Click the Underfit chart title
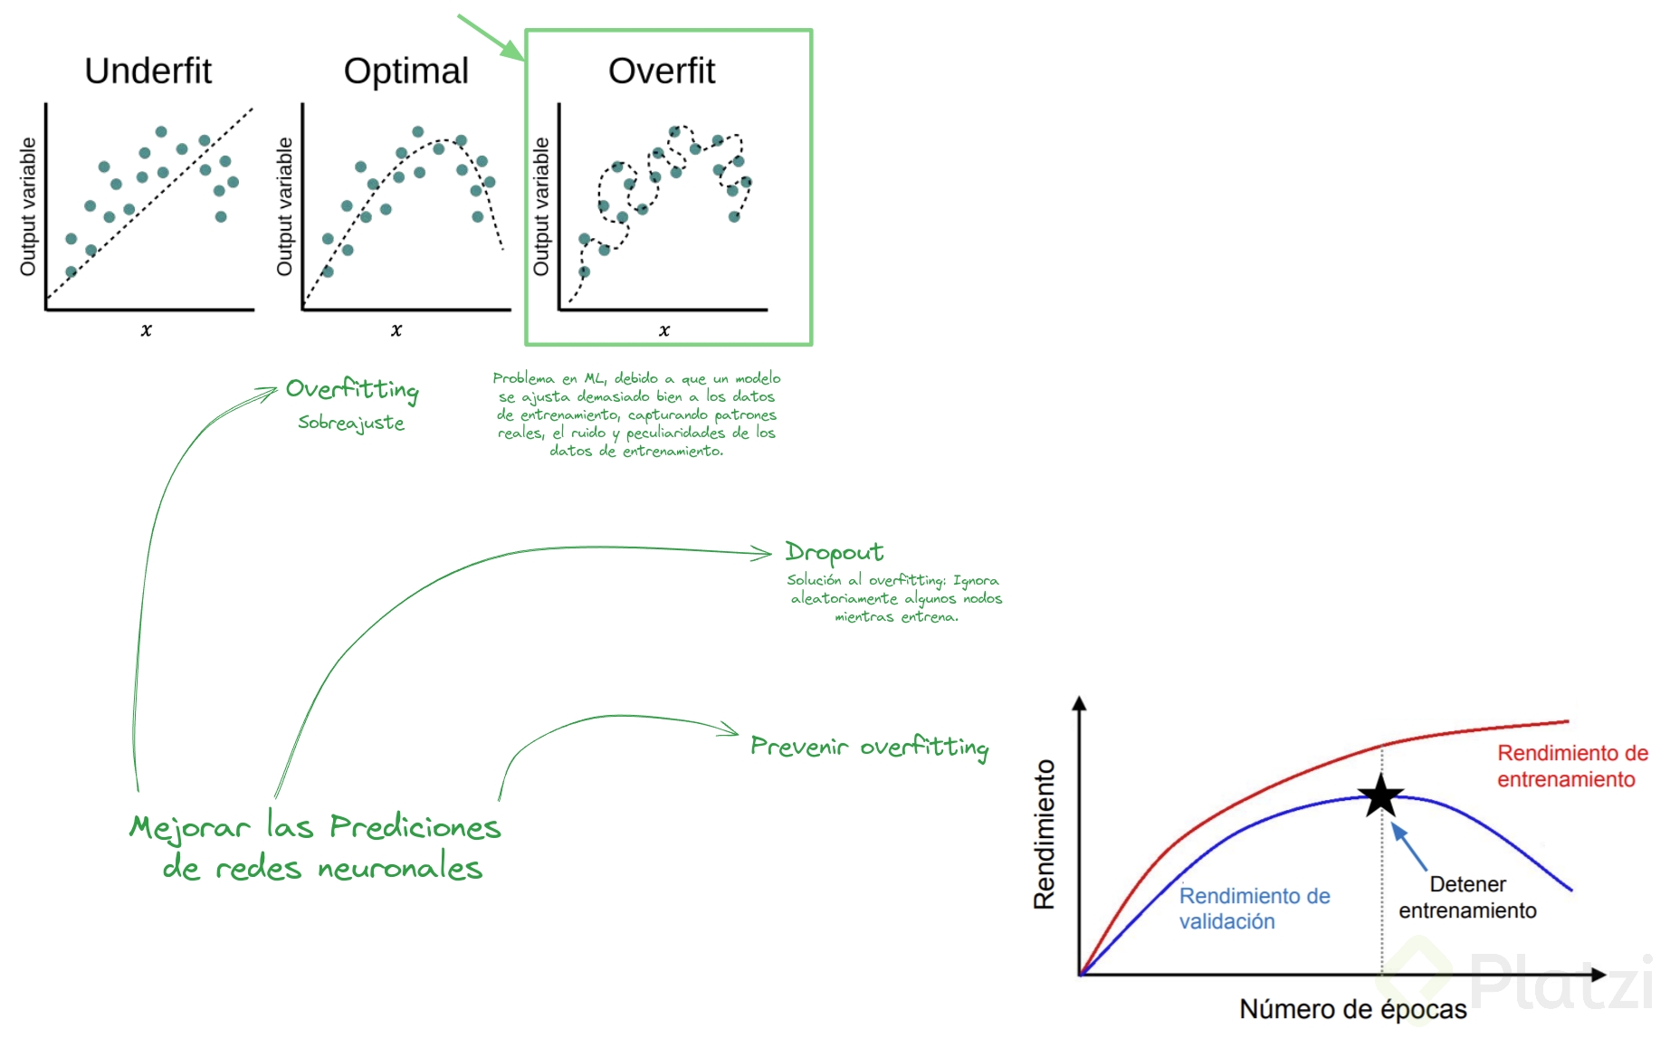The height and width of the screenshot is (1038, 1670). coord(148,71)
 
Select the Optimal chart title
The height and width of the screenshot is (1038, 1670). coord(406,71)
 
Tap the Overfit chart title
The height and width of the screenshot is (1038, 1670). coord(662,71)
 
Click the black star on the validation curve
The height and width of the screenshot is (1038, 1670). coord(1381,795)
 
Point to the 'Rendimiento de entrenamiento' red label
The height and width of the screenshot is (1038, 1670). coord(1572,766)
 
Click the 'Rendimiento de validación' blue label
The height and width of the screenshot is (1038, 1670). coord(1255,908)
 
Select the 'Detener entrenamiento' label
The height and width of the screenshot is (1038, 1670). coord(1467,897)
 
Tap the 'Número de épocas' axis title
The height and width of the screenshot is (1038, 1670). coord(1352,1009)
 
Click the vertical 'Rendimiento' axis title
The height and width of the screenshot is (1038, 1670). coord(1045,833)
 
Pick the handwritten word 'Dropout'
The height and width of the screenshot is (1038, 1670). coord(834,552)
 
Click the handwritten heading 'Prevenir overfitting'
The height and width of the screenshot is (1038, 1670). coord(869,747)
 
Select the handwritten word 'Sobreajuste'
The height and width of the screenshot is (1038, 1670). coord(351,423)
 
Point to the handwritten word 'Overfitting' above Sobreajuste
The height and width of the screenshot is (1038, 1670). coord(352,389)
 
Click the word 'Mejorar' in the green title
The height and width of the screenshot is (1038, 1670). coord(189,828)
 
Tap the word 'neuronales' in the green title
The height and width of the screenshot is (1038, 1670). coord(400,869)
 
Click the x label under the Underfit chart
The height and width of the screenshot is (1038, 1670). coord(147,330)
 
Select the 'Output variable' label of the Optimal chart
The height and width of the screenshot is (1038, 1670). coord(284,206)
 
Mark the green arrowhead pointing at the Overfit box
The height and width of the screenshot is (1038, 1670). coord(514,51)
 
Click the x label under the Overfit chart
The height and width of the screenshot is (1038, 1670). coord(664,330)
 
